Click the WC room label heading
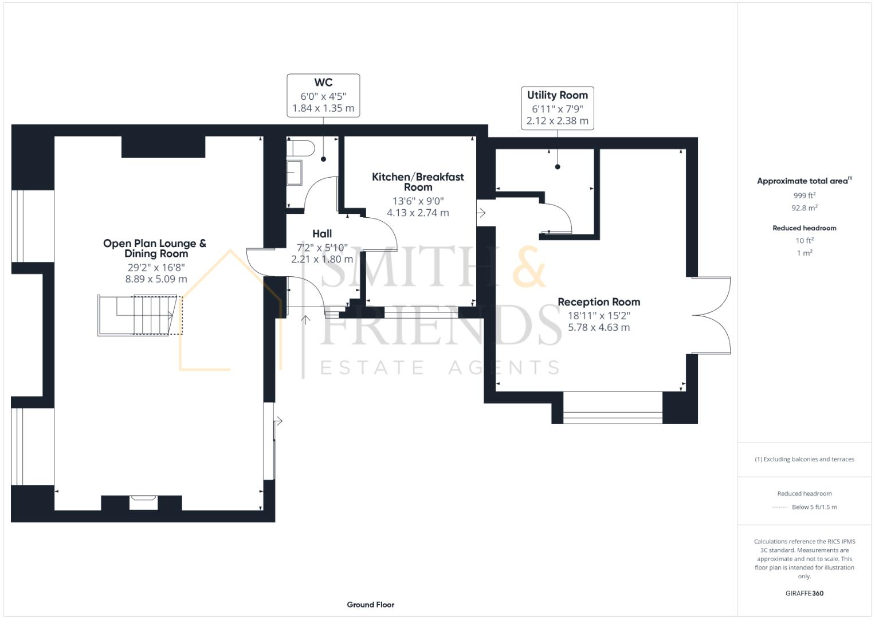323,83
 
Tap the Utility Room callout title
557,95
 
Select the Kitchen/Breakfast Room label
418,182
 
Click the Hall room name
322,234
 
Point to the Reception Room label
599,302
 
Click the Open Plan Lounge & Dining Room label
155,248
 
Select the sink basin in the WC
295,173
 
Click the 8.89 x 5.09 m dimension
156,279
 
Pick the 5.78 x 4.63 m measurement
599,327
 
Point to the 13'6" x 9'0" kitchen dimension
418,201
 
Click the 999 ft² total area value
804,195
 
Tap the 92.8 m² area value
804,208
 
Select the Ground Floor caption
370,604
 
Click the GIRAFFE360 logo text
804,593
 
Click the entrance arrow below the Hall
305,320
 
